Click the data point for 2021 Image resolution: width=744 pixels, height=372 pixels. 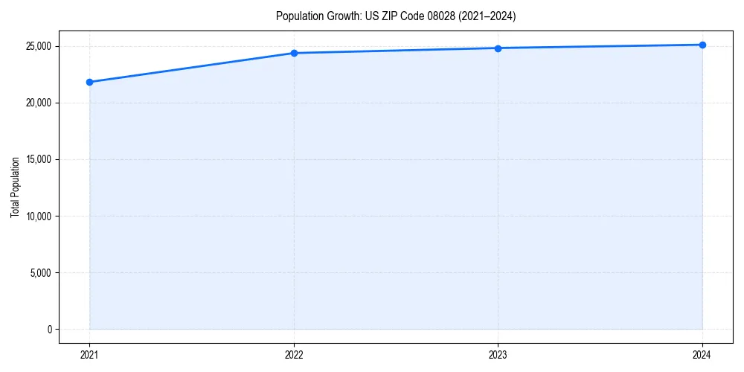coord(89,82)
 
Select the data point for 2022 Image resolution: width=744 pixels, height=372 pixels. coord(294,53)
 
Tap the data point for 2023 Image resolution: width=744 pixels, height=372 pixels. coord(498,48)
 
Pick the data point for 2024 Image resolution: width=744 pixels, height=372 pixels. coord(702,45)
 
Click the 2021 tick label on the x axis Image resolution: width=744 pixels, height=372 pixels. coord(89,355)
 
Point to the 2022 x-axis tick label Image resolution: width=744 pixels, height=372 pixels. coord(294,355)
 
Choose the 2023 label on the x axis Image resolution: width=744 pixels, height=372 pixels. coord(498,355)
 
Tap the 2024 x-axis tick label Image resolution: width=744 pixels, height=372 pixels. coord(702,355)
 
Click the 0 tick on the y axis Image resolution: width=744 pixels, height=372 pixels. coord(49,330)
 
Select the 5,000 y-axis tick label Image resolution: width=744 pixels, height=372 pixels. coord(40,273)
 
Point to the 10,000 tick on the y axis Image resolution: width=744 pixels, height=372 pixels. coord(38,217)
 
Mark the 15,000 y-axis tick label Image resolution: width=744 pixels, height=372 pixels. coord(38,159)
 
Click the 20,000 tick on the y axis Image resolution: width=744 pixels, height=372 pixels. coord(38,103)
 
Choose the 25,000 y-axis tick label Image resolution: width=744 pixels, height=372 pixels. coord(38,46)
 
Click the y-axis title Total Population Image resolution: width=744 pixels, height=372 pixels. coord(15,187)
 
